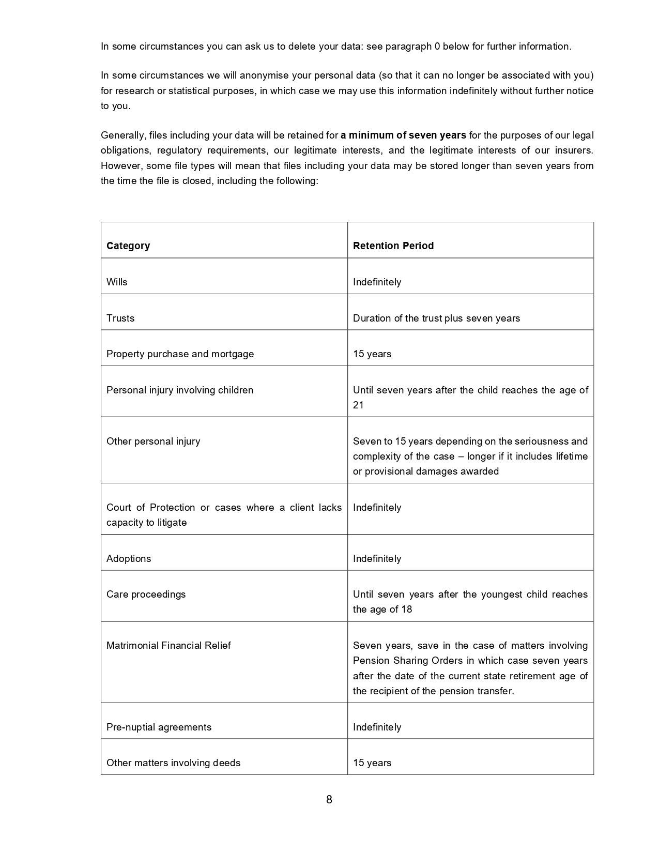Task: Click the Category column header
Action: (x=128, y=246)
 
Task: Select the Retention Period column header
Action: (x=393, y=246)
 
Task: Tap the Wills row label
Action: (x=117, y=282)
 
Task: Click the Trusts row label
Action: (x=120, y=318)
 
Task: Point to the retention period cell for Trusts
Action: (x=436, y=318)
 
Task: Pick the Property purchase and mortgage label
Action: (x=180, y=354)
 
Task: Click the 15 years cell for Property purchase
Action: (x=372, y=354)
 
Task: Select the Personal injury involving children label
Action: (x=180, y=390)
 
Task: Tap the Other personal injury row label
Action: (x=153, y=441)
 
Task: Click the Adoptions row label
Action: (x=129, y=559)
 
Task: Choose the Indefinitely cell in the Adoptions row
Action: (x=377, y=559)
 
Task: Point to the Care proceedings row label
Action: (x=146, y=595)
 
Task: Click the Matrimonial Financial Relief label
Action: (x=168, y=646)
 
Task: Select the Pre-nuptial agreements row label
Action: (x=159, y=727)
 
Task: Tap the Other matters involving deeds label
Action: (x=173, y=763)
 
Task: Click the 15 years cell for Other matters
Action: (x=372, y=763)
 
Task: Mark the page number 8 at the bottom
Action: (x=329, y=800)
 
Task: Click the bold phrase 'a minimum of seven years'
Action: (x=403, y=135)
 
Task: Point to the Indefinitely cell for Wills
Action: (x=377, y=282)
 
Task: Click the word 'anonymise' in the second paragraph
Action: (x=264, y=75)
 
